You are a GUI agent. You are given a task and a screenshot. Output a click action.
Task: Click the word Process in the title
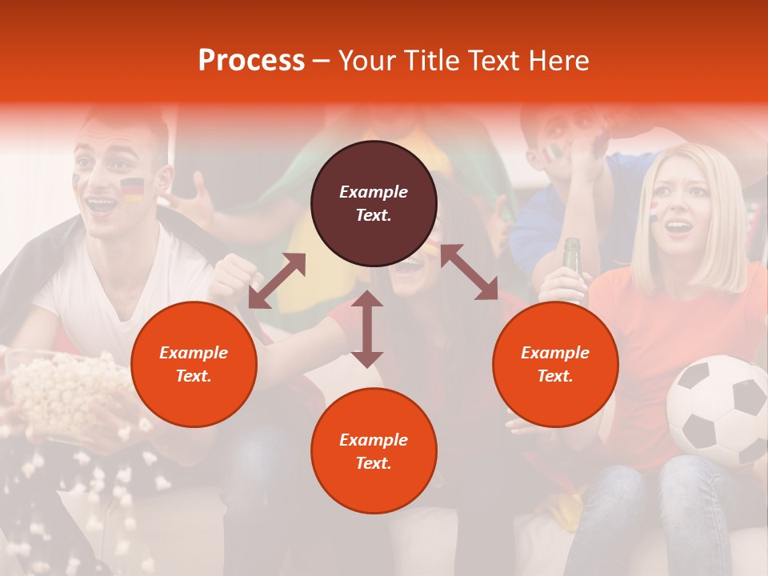point(251,61)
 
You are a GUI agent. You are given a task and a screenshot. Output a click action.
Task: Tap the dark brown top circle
point(374,203)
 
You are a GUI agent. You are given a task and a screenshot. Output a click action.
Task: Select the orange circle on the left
point(194,364)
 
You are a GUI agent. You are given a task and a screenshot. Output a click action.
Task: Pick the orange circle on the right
point(555,364)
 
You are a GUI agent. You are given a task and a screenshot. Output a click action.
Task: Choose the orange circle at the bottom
point(374,451)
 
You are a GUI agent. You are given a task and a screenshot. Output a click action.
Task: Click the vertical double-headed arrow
point(367,329)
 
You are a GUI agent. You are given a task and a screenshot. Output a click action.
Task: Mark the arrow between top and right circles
point(469,272)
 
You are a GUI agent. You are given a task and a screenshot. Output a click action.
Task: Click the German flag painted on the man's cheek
point(132,190)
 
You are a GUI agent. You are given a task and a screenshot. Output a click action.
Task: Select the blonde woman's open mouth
point(680,228)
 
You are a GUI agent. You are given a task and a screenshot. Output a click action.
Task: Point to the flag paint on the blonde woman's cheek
point(654,212)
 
